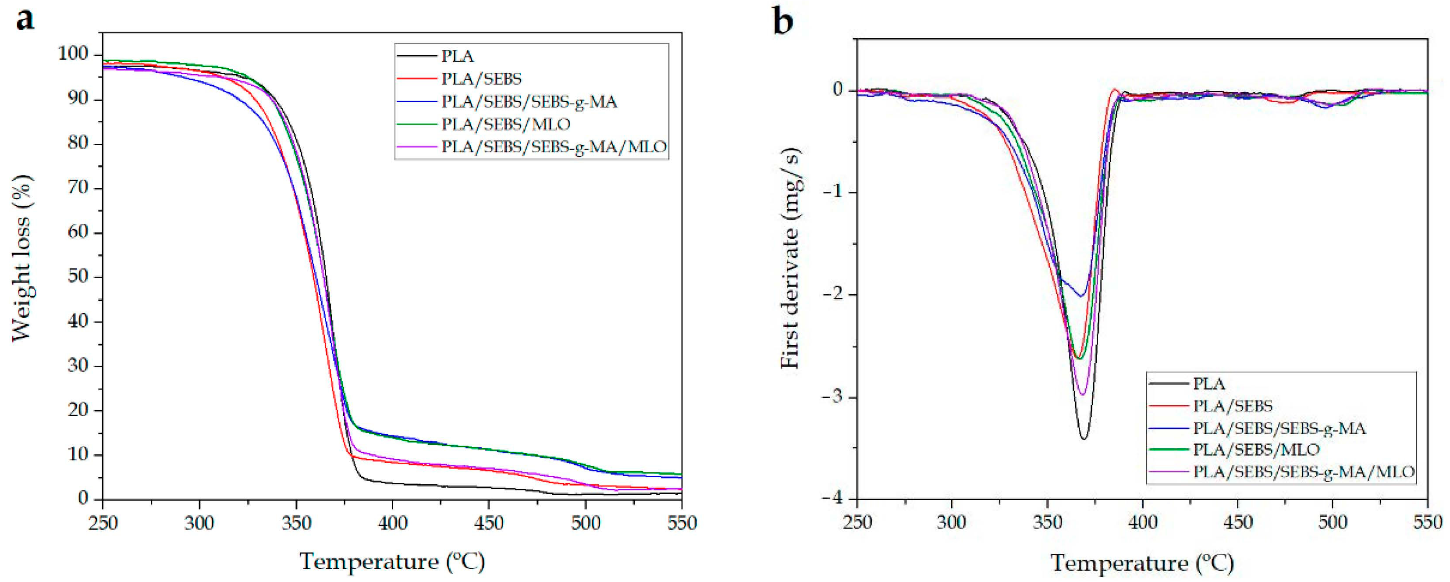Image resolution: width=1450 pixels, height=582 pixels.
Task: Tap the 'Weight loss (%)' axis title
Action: pos(22,258)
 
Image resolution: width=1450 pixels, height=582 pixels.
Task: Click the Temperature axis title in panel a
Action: pos(392,561)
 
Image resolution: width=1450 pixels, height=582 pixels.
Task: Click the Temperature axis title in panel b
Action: pos(1142,562)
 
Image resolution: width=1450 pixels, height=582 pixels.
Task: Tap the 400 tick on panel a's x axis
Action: pos(392,523)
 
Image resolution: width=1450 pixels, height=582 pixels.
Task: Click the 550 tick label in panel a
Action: pos(681,523)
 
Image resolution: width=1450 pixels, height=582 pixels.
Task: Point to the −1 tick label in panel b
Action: pos(834,192)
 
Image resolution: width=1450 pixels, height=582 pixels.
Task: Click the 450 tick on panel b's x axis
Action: pos(1238,522)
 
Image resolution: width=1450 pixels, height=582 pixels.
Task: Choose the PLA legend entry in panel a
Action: pos(457,56)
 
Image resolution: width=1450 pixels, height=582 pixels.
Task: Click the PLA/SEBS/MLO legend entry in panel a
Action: pos(505,124)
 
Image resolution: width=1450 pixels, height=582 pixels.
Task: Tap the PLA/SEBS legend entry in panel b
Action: pos(1232,406)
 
